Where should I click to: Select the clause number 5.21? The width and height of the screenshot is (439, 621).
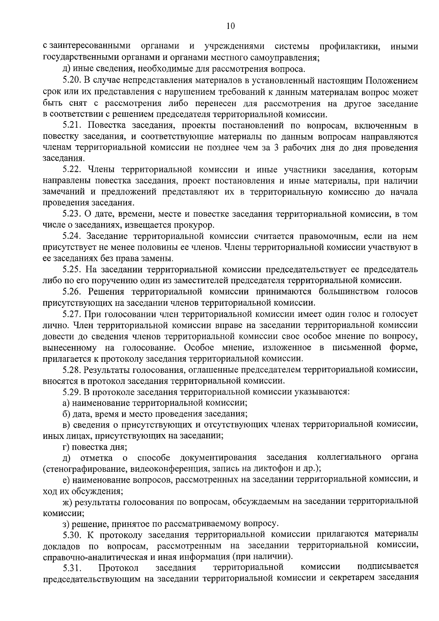[72, 126]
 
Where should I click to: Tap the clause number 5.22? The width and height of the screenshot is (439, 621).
[72, 170]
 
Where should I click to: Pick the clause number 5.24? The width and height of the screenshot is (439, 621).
[72, 236]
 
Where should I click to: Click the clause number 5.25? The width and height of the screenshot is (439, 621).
[72, 270]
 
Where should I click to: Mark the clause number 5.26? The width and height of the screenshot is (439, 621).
[72, 292]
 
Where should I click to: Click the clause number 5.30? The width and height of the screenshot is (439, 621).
[72, 535]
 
